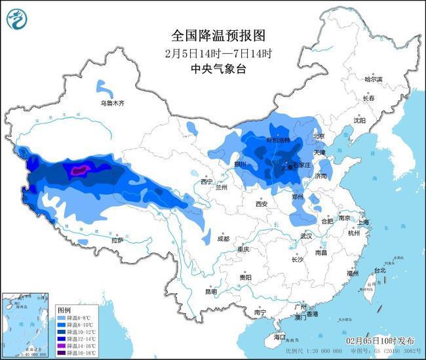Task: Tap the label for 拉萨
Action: click(117, 240)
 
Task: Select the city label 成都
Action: click(223, 239)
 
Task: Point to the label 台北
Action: click(379, 270)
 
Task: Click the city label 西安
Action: click(261, 204)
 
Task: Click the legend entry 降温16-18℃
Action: click(76, 352)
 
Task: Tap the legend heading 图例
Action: click(64, 309)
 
